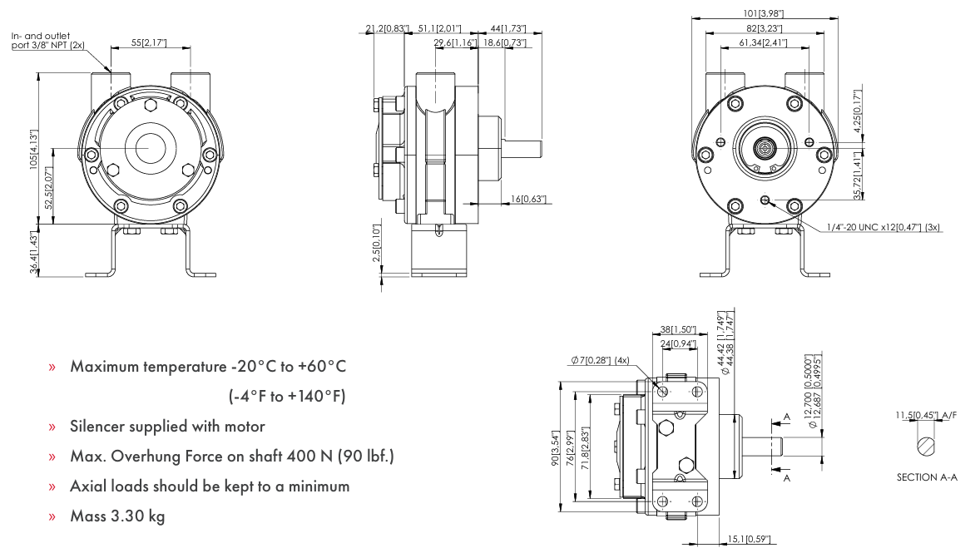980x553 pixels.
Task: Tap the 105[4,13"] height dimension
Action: click(x=34, y=149)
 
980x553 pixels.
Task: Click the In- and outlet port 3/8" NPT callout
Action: click(x=47, y=41)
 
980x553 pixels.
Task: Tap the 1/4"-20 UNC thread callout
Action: click(x=884, y=227)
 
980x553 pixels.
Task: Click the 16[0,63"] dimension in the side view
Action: click(x=527, y=199)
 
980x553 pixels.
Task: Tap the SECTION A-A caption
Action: click(x=927, y=477)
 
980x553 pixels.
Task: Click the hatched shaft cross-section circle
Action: click(x=926, y=446)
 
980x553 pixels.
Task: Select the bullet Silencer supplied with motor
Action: click(x=167, y=427)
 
